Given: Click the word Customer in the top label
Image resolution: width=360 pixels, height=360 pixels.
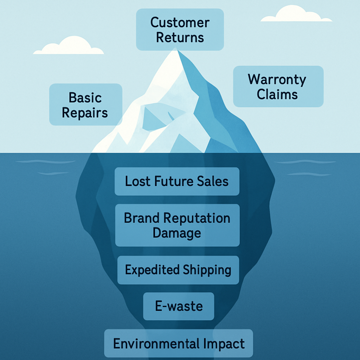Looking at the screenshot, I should pos(180,23).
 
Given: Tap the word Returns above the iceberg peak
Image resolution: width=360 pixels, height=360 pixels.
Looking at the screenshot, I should pos(180,38).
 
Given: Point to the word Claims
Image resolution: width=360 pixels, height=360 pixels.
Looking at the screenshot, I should pos(277,94).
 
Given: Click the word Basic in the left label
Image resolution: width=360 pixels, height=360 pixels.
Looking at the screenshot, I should pos(85,97).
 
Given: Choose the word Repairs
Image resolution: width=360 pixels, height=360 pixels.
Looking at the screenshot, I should pos(85,113).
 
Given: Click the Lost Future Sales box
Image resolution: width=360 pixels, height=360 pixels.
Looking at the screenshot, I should pos(177,181).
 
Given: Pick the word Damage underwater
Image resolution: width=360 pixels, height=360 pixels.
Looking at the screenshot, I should pos(177,233).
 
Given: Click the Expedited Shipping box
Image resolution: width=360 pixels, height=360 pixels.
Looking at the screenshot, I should pos(178,270).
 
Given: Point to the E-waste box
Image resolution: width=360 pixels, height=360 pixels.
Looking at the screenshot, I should pos(179,306).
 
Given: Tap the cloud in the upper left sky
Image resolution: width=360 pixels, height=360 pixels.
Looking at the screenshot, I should pos(68,47).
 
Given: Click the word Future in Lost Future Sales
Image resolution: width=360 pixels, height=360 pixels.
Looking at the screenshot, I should pos(172,181).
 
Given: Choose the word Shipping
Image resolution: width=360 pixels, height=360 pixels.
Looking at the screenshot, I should pos(207,270).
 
